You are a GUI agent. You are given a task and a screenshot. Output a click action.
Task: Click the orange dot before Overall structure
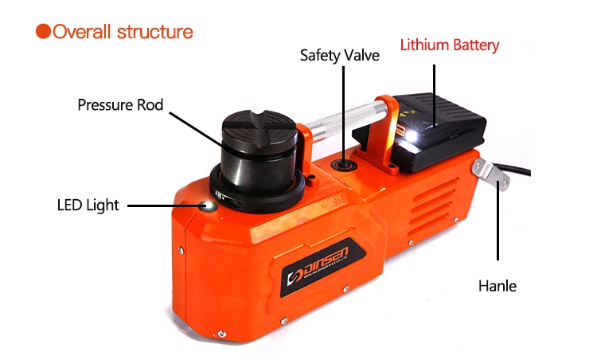tap(43, 32)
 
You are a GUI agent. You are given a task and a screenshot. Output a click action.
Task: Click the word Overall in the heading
tap(82, 32)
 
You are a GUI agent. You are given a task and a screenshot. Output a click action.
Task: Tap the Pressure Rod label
tap(120, 104)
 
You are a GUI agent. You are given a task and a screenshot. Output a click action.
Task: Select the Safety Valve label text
tap(339, 55)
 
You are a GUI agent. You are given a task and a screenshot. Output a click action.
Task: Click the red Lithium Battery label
tap(450, 45)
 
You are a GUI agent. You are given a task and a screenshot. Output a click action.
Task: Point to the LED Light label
tap(88, 205)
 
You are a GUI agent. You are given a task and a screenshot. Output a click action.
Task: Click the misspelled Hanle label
tap(497, 285)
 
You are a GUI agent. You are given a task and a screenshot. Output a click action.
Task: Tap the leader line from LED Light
tap(163, 205)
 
